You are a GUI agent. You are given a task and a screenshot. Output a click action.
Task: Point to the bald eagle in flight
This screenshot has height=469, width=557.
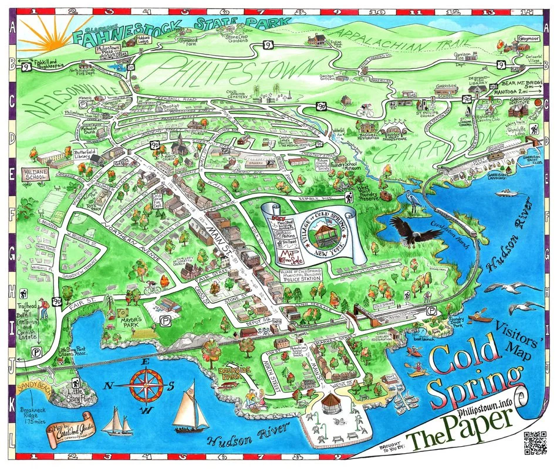(413, 231)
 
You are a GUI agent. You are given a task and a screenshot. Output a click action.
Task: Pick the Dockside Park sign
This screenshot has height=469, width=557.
(219, 376)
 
